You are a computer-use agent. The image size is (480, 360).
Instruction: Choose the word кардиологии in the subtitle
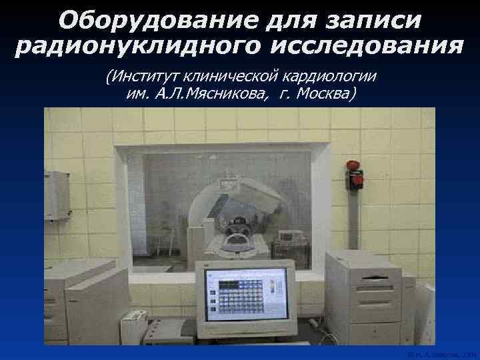click(x=331, y=75)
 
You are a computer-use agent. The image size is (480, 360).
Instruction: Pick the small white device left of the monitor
click(x=133, y=327)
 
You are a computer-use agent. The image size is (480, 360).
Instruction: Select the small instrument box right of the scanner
click(x=290, y=236)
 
